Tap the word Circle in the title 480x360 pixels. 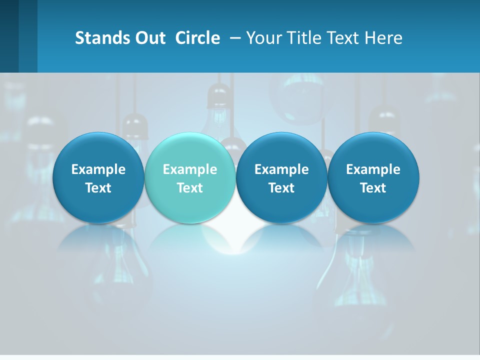tap(197, 38)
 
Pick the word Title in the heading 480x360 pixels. tap(302, 38)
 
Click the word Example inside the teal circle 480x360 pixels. tap(190, 169)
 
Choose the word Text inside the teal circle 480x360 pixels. tap(190, 188)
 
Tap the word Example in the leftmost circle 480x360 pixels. tap(98, 169)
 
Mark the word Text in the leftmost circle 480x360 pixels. tap(98, 188)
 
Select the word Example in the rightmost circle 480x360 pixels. tap(373, 169)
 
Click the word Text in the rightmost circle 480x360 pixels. tap(373, 188)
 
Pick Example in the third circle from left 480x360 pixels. tap(281, 169)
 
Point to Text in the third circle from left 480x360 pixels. tap(281, 188)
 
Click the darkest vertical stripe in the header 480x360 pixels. tap(9, 36)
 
